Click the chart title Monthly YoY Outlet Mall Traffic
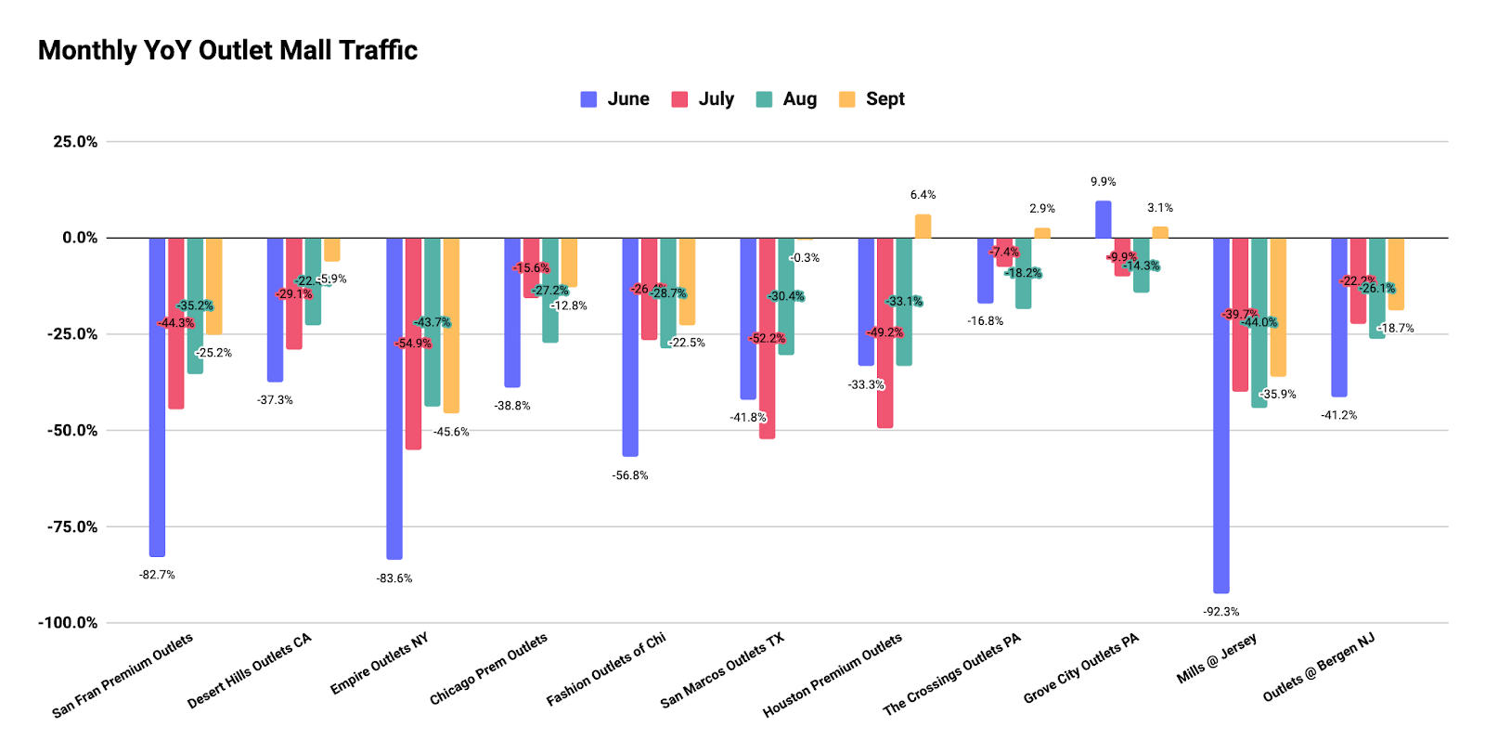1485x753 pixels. pos(227,50)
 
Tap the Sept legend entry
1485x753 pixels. pos(872,99)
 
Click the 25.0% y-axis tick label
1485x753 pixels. pos(75,142)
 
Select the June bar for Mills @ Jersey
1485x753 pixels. pos(1221,415)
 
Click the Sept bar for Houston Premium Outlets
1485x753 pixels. pos(923,227)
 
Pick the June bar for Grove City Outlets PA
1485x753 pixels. pos(1104,220)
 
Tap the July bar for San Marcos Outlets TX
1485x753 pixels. pos(767,338)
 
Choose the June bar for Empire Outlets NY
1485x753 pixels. pos(394,398)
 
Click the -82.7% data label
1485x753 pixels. pos(157,576)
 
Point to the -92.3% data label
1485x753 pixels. pos(1220,612)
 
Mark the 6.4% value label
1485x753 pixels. pos(923,195)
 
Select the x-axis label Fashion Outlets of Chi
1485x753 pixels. pos(606,669)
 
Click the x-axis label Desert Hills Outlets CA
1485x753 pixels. pos(249,671)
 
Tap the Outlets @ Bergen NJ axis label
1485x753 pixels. pos(1318,668)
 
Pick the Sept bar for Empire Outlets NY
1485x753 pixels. pos(451,325)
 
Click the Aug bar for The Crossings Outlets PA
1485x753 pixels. pos(1023,273)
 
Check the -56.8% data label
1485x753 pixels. pos(630,475)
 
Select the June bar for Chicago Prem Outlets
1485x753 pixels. pos(512,312)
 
